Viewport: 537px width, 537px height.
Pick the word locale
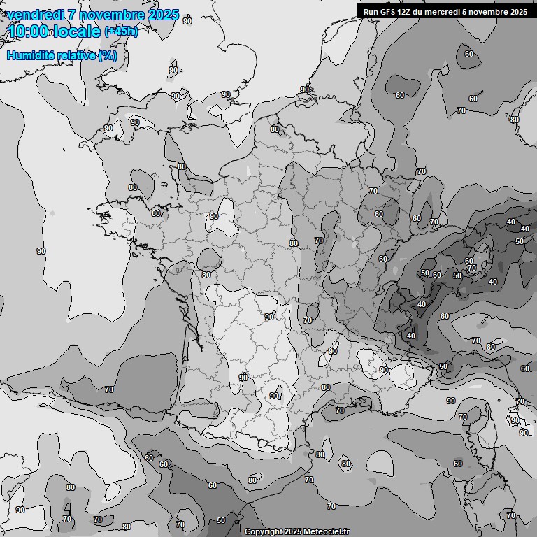click(77, 31)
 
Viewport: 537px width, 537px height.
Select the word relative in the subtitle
click(77, 55)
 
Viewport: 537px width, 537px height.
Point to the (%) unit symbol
click(108, 55)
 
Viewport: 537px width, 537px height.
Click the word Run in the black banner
click(371, 12)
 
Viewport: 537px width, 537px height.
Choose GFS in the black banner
click(388, 12)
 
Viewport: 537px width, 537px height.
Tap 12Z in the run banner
click(406, 12)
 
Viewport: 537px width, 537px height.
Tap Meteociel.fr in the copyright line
click(327, 532)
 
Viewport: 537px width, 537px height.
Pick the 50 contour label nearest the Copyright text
click(221, 520)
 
